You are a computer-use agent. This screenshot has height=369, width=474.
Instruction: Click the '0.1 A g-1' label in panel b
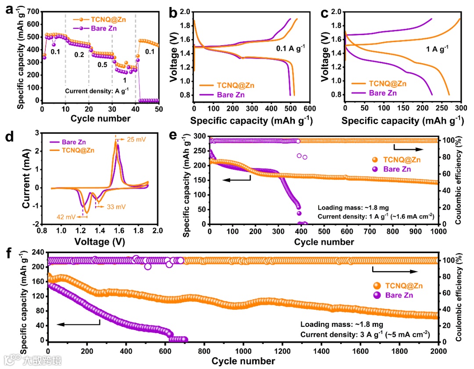290,48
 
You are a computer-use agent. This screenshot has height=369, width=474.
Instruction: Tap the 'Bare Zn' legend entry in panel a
106,29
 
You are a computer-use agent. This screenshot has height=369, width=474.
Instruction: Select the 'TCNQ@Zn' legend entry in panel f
403,286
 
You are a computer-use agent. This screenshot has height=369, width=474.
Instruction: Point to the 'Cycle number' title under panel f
243,361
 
